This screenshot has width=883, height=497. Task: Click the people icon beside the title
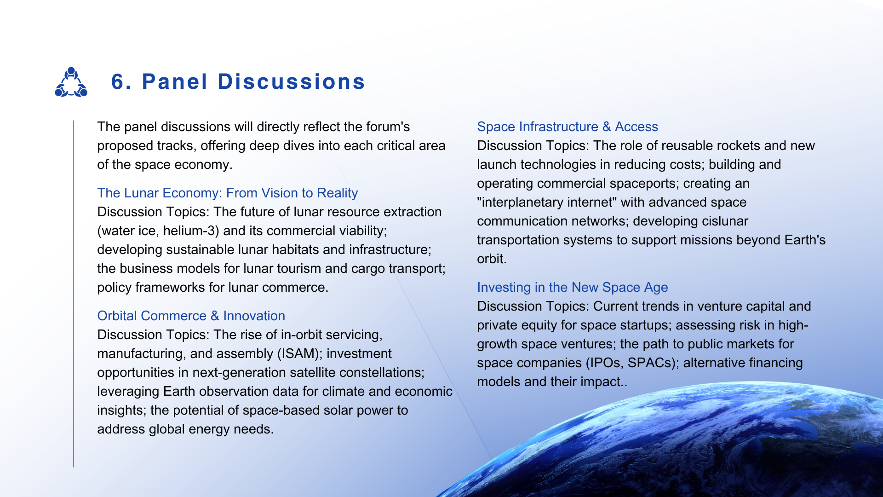tap(71, 82)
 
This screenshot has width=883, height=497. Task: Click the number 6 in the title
tap(118, 82)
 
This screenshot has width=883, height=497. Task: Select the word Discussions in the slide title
tap(291, 82)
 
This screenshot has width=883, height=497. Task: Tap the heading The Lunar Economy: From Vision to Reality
tap(227, 193)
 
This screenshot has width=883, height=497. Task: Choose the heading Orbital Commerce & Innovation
tap(191, 316)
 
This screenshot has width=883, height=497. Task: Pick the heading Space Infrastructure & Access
tap(568, 127)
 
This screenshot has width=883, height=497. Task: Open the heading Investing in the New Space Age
tap(572, 287)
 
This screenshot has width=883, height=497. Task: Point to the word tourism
tap(302, 268)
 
